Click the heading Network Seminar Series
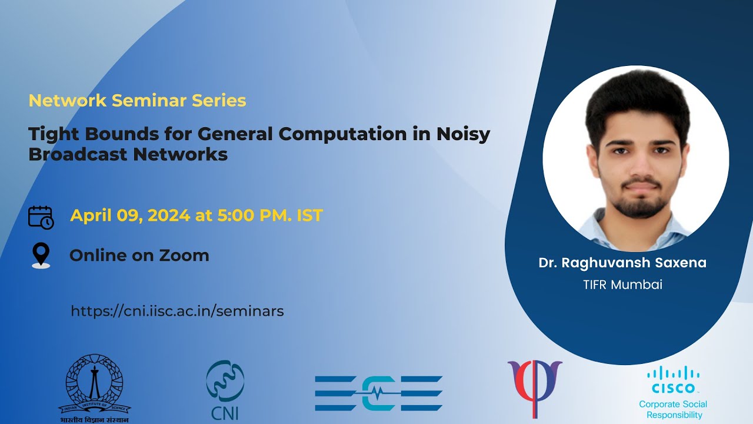[x=137, y=101]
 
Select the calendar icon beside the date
[x=41, y=217]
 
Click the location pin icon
[x=41, y=256]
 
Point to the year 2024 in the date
[x=169, y=216]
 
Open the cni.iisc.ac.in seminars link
[x=177, y=311]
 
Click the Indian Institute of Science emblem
[x=94, y=386]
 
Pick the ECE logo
[x=378, y=393]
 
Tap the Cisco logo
[x=673, y=380]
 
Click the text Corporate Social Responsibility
[x=673, y=409]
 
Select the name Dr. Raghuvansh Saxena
[x=622, y=263]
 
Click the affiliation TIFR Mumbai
[x=622, y=285]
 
